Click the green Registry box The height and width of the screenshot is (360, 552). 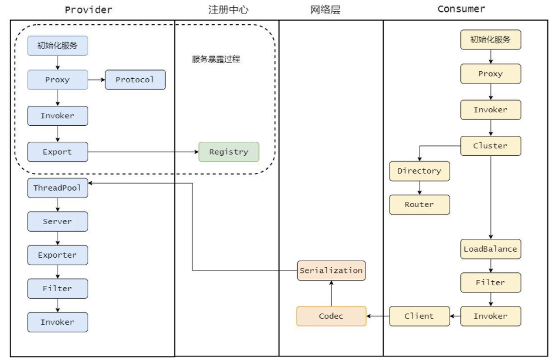click(229, 152)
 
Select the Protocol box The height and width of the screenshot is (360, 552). click(135, 79)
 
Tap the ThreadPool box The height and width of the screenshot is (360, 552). click(58, 188)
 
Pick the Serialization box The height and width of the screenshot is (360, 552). click(331, 270)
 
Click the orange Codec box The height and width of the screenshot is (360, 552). click(331, 316)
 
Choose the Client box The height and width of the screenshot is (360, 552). click(419, 316)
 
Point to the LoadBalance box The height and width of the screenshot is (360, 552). click(490, 249)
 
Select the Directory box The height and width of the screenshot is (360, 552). click(419, 171)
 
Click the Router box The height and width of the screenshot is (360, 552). click(419, 205)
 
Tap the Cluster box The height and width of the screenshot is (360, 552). click(490, 146)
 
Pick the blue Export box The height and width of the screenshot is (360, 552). click(58, 152)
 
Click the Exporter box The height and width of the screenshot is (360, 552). click(58, 255)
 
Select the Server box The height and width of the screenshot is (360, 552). click(58, 221)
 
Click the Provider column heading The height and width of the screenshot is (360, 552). click(88, 9)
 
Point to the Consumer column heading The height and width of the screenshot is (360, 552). click(461, 9)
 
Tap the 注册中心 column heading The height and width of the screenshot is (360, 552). click(228, 9)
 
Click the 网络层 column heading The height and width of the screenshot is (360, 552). click(325, 9)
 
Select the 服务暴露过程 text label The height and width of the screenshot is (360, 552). click(216, 59)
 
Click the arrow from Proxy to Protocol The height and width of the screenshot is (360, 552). click(97, 79)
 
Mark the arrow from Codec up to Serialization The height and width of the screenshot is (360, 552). click(331, 294)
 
